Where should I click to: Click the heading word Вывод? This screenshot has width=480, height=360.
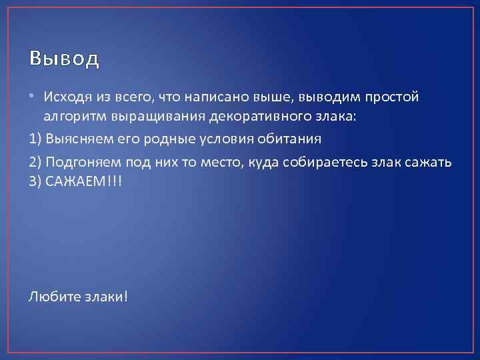coord(65,59)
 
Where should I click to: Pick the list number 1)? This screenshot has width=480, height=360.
coord(35,140)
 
